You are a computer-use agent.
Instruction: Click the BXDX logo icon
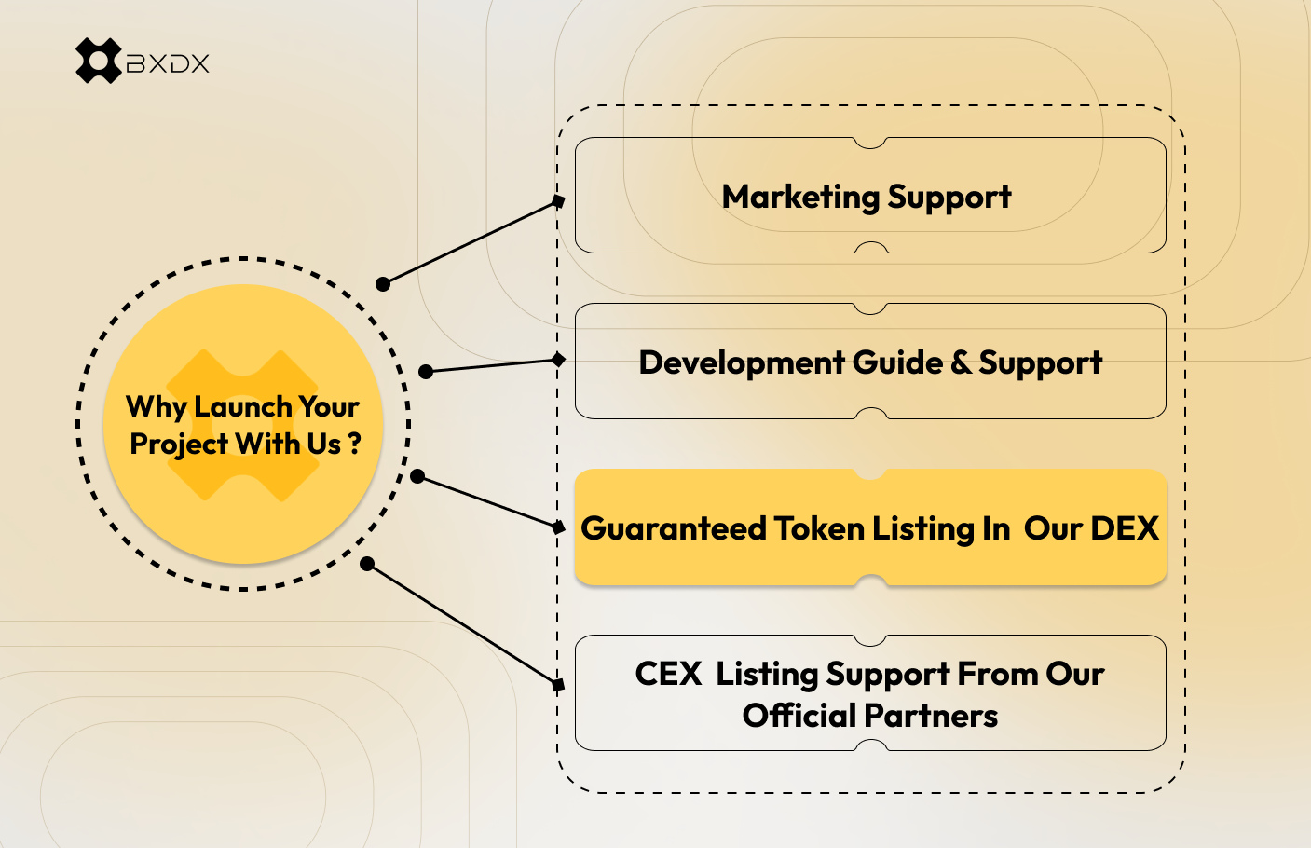[x=98, y=62]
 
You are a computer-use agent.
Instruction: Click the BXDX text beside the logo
[x=168, y=63]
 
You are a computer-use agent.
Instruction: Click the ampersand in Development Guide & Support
[x=961, y=362]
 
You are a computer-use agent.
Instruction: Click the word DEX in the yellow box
[x=1124, y=528]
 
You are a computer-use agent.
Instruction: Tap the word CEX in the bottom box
[x=668, y=674]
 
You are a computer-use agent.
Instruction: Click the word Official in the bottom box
[x=799, y=716]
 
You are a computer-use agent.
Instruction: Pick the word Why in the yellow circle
[x=157, y=407]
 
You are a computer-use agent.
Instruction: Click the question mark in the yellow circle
[x=355, y=445]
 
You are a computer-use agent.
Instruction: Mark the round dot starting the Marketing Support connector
[x=383, y=284]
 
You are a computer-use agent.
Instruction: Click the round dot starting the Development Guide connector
[x=426, y=372]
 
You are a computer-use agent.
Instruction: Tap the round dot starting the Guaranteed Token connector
[x=417, y=477]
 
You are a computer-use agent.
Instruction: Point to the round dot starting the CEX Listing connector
[x=367, y=564]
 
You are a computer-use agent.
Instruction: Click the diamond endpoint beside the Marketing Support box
[x=558, y=201]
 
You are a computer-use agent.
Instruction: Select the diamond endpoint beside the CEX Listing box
[x=558, y=686]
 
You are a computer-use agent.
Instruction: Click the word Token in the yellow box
[x=820, y=528]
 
